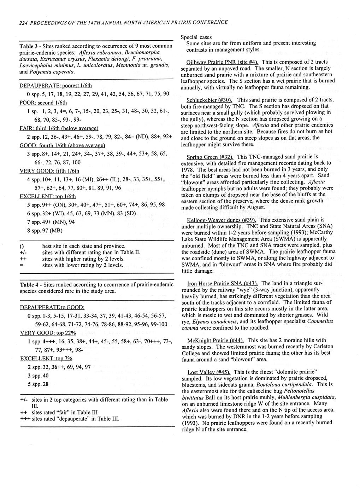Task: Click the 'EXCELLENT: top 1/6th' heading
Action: point(48,196)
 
